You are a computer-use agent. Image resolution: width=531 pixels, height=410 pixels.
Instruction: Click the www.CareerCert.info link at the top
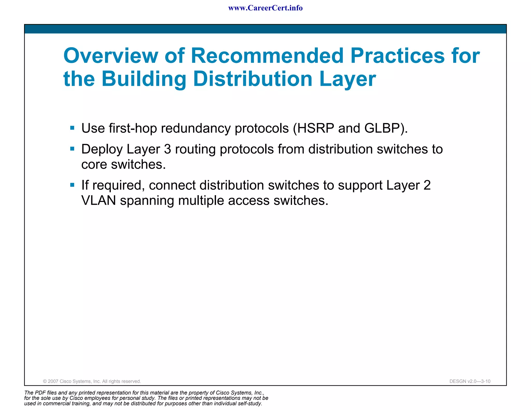pos(265,8)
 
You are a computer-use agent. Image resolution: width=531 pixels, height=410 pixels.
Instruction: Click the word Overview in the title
pos(111,56)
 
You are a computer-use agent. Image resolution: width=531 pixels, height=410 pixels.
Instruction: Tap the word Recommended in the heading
pos(267,56)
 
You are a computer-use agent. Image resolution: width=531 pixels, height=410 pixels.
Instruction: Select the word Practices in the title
pos(397,56)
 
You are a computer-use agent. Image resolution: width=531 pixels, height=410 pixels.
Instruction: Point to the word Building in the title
pos(144,79)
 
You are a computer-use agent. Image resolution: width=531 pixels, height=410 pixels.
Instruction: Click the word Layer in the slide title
pos(347,79)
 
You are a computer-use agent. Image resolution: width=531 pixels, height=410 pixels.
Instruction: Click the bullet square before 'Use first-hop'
pos(72,128)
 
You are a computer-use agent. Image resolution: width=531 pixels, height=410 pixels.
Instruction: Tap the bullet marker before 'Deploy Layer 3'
pos(72,149)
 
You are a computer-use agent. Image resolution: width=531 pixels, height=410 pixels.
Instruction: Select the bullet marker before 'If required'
pos(72,185)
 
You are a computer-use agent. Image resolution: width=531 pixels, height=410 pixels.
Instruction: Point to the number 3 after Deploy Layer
pos(167,149)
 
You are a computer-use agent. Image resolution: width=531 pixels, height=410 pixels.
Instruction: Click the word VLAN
pos(99,201)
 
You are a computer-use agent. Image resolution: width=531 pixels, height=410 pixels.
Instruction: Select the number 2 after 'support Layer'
pos(427,185)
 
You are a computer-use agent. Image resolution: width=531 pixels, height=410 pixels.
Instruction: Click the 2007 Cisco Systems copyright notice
pos(92,381)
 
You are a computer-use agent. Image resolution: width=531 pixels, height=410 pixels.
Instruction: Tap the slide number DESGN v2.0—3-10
pos(470,381)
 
